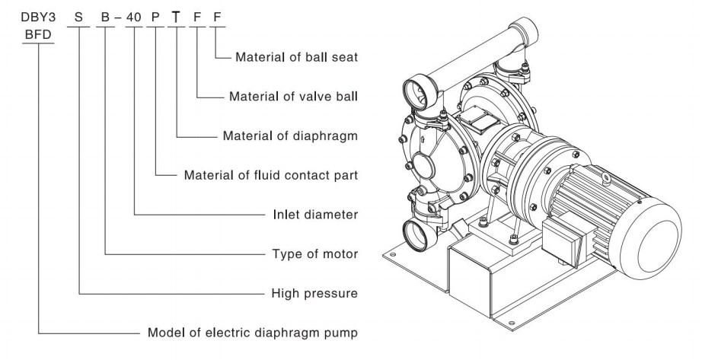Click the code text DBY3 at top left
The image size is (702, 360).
(x=38, y=18)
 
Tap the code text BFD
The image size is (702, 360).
(x=38, y=35)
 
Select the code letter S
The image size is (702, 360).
(x=78, y=18)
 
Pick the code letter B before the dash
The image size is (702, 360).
(x=105, y=18)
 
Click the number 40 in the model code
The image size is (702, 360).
(x=133, y=18)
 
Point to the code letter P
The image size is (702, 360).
(x=155, y=18)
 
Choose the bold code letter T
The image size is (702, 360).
(x=177, y=18)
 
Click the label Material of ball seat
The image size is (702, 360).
(x=297, y=57)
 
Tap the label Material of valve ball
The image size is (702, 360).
(x=294, y=96)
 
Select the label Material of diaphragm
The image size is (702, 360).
(x=291, y=135)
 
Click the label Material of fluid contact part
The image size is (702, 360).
(x=271, y=175)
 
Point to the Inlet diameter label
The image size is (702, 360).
(x=316, y=215)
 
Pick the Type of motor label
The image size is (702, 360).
(x=315, y=254)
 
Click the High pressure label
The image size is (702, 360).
(x=314, y=293)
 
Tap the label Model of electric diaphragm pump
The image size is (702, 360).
(x=253, y=333)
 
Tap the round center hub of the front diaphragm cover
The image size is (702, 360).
(x=423, y=166)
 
